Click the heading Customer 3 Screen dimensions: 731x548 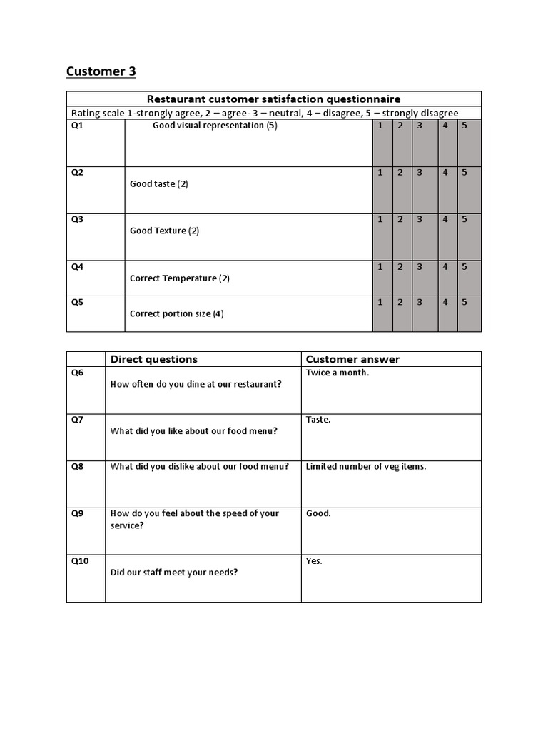tap(101, 71)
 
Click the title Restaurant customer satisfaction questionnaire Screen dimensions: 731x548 tap(273, 99)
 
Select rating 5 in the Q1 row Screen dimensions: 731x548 tap(465, 126)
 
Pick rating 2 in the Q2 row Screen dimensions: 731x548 tap(400, 173)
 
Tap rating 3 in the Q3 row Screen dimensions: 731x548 tap(420, 220)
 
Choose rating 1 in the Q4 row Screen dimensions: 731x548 tap(380, 267)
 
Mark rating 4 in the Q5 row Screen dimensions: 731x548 tap(445, 302)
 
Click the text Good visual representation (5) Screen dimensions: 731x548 tap(215, 126)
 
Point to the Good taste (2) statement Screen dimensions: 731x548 tap(159, 184)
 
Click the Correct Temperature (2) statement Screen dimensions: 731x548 tap(180, 278)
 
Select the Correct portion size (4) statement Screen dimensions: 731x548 tap(177, 313)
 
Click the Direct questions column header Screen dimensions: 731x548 tap(154, 359)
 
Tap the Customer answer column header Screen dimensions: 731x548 tap(352, 359)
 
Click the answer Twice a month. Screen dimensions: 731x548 tap(338, 373)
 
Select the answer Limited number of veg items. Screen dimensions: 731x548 tap(366, 467)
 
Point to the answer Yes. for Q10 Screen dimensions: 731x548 tap(314, 561)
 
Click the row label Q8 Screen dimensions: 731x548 tap(78, 467)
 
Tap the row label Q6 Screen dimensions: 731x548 tap(78, 373)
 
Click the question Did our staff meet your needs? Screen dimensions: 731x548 tap(174, 573)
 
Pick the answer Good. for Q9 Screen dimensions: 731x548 tap(318, 513)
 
